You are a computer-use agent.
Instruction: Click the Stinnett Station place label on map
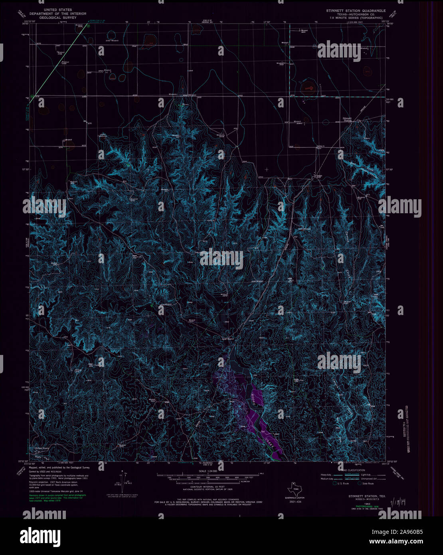coord(348,119)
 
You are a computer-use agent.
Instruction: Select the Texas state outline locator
coord(294,488)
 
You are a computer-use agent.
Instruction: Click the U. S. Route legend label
coord(343,484)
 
